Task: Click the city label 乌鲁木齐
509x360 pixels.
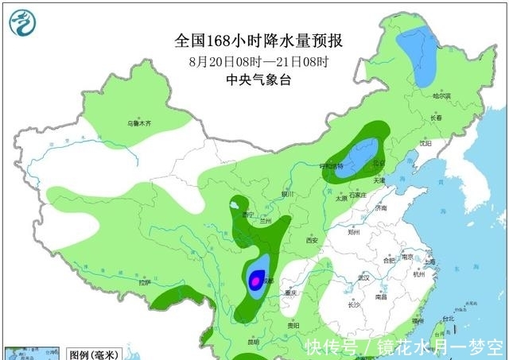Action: click(x=140, y=124)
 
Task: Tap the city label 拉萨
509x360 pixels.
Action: click(x=144, y=283)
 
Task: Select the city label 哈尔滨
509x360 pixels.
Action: click(x=441, y=95)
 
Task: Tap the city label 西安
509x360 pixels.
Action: click(x=311, y=240)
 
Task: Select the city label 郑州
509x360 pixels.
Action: click(x=355, y=233)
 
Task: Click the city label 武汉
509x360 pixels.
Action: click(x=365, y=277)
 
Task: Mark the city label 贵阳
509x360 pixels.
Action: click(x=293, y=324)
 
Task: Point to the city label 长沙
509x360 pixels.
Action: click(x=355, y=305)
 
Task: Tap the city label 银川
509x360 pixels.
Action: click(x=287, y=194)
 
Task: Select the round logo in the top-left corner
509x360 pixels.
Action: click(x=23, y=24)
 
